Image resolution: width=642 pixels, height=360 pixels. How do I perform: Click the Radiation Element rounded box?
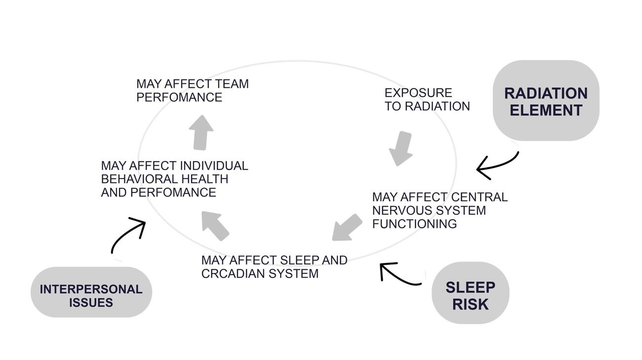coord(546,101)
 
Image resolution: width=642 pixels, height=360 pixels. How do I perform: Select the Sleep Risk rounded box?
coord(470,293)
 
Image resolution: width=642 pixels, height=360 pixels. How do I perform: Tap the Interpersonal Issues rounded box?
coord(91,292)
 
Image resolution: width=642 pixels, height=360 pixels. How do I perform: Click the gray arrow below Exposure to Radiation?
coord(401,148)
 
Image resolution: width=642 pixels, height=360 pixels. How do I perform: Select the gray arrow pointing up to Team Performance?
coord(201,132)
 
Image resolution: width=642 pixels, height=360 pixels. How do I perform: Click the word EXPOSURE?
coord(418,93)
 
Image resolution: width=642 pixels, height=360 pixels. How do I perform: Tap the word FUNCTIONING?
coord(414,223)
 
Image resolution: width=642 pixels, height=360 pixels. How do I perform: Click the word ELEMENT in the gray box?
coord(546,110)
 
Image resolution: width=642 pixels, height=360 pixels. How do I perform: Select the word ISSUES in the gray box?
coord(91,302)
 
